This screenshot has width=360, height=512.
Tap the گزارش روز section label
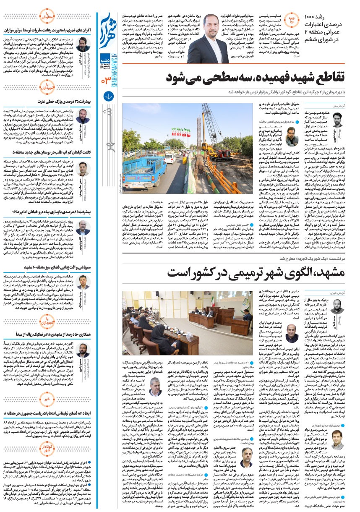pos(337,106)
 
